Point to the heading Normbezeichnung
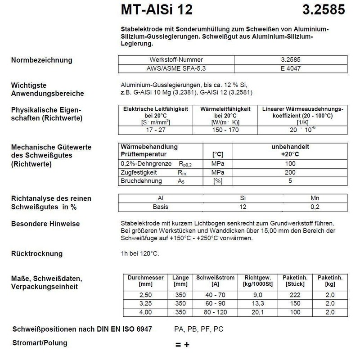point(41,60)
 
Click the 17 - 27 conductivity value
point(156,130)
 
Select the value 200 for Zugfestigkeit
point(290,172)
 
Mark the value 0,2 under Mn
point(315,207)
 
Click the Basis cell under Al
point(161,207)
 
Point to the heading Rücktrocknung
point(37,254)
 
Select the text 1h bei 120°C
point(140,254)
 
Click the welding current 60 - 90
point(209,303)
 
